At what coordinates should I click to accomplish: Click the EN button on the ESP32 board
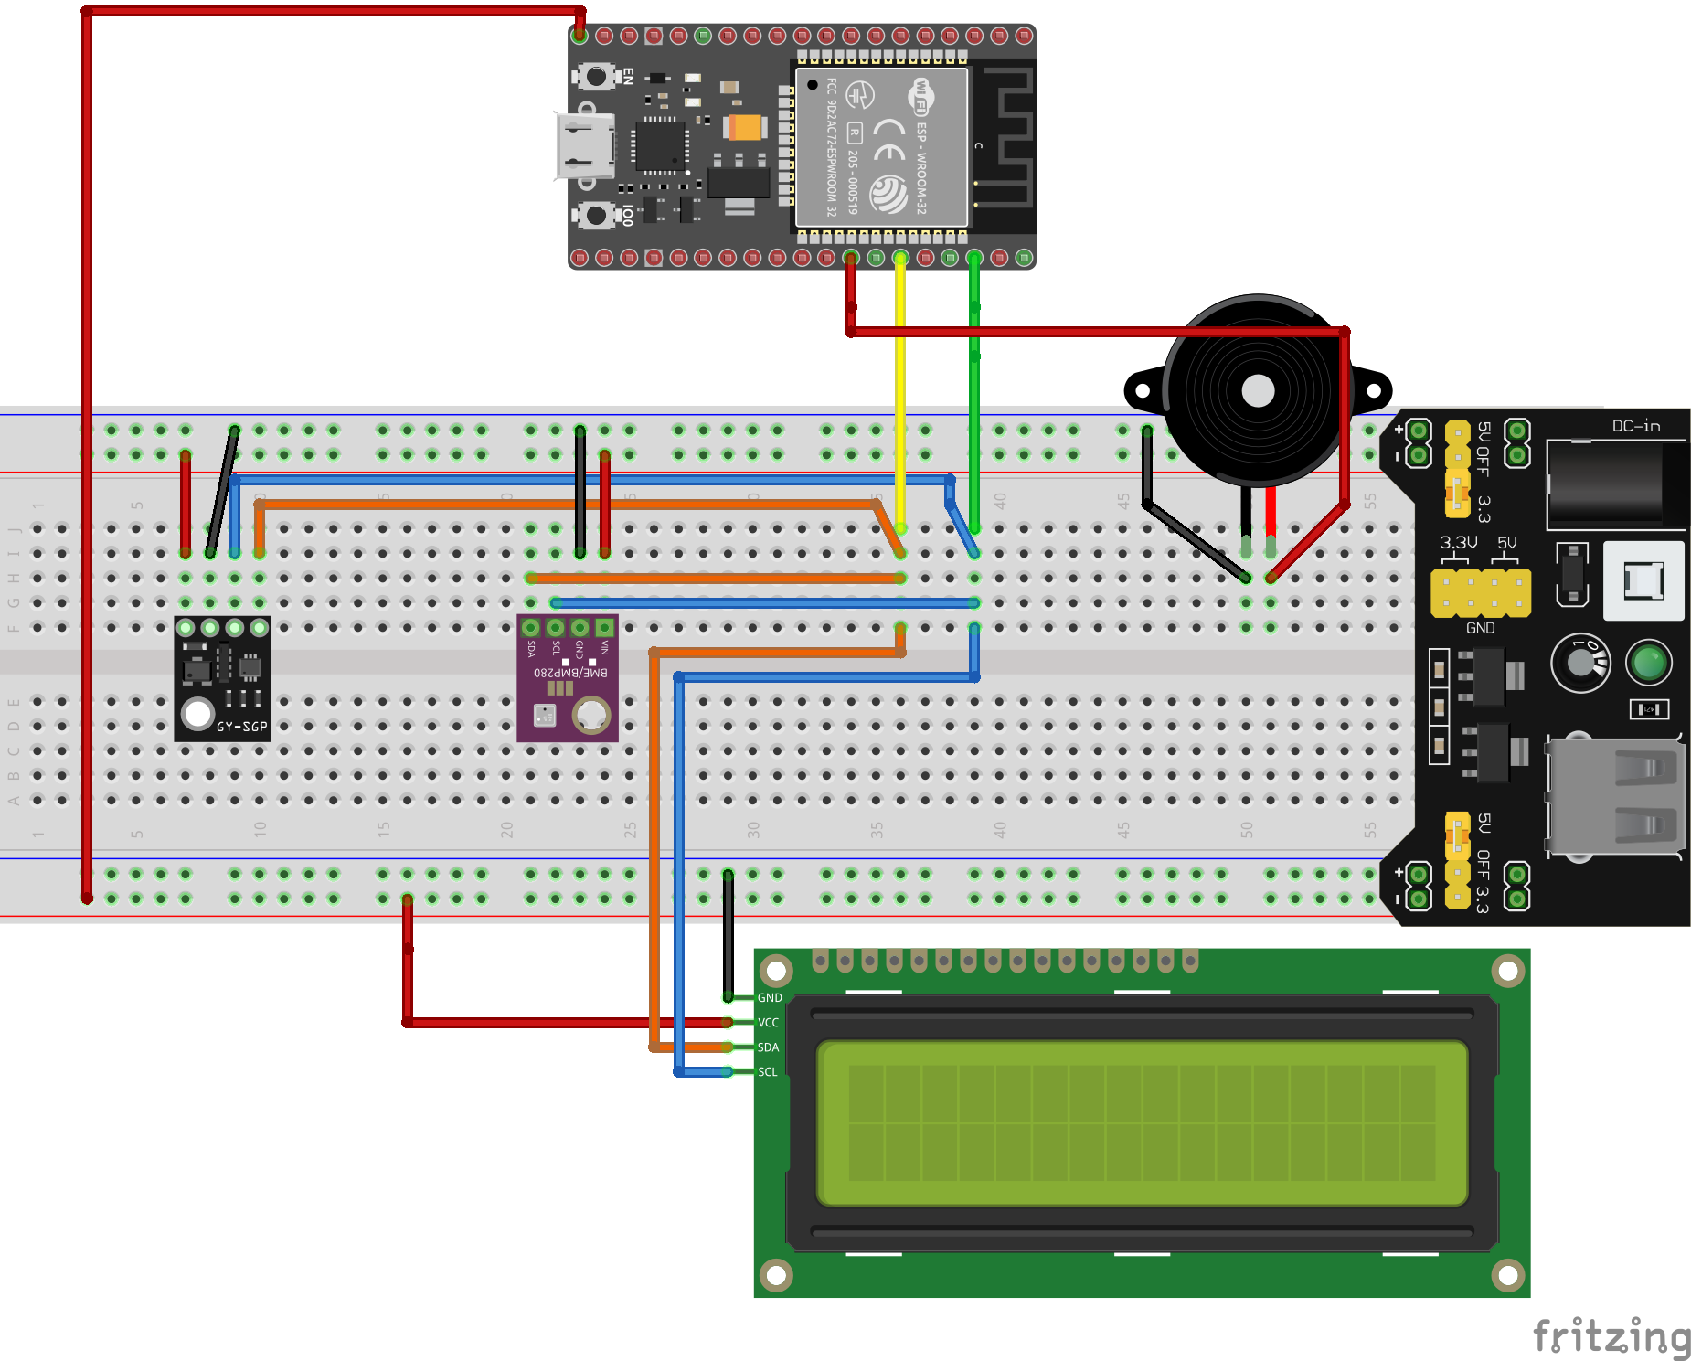click(x=596, y=76)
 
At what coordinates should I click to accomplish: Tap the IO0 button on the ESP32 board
click(x=596, y=216)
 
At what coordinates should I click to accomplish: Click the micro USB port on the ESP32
click(x=585, y=146)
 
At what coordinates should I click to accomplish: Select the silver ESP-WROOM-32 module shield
click(x=880, y=147)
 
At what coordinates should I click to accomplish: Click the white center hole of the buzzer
click(x=1258, y=390)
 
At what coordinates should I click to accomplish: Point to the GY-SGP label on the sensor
click(x=241, y=727)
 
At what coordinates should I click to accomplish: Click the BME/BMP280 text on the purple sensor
click(x=569, y=673)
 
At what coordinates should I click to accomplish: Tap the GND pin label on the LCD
click(x=770, y=997)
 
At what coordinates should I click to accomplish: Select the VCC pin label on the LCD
click(x=769, y=1022)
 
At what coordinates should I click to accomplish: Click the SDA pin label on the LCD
click(x=769, y=1047)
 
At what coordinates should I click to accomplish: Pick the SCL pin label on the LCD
click(x=768, y=1071)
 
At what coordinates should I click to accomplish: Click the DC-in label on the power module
click(x=1635, y=426)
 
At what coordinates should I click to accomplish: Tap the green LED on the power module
click(x=1649, y=663)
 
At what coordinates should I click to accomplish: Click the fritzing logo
click(x=1611, y=1336)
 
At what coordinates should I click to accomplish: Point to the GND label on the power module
click(x=1480, y=628)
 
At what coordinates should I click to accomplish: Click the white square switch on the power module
click(x=1643, y=580)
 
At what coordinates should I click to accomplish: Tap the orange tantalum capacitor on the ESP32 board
click(x=746, y=127)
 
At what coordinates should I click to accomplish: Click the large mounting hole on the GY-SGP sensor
click(x=197, y=713)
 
